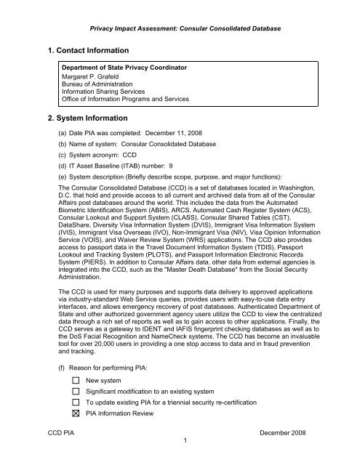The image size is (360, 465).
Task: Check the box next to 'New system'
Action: (76, 380)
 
